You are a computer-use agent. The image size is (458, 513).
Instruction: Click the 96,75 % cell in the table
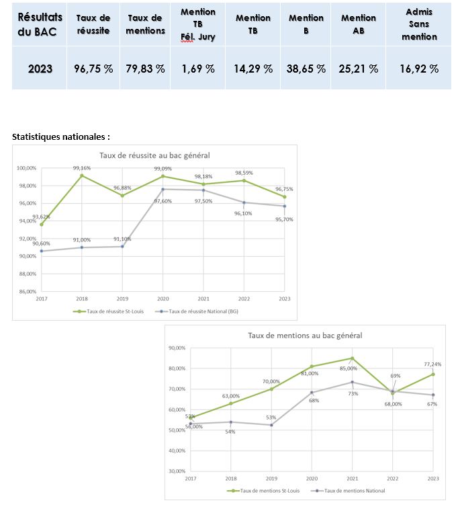(x=93, y=69)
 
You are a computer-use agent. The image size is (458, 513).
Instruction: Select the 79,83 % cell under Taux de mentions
(x=146, y=69)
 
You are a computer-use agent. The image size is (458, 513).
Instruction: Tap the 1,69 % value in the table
(x=198, y=69)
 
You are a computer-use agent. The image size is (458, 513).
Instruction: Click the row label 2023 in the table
(x=40, y=69)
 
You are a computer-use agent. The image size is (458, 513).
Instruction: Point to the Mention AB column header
(x=358, y=24)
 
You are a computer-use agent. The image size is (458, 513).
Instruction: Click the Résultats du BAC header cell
(x=40, y=24)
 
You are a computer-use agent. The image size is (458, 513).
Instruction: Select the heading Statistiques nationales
(x=61, y=136)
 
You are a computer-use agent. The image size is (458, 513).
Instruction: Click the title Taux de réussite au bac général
(x=154, y=155)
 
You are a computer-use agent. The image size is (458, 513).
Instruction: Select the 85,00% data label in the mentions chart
(x=349, y=368)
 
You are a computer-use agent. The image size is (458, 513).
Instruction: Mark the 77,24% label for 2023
(x=431, y=364)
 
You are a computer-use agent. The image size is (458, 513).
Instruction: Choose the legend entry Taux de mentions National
(x=352, y=491)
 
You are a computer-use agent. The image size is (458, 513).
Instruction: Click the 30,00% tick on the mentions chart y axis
(x=177, y=471)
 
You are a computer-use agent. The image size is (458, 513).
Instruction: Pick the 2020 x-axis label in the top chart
(x=163, y=298)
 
